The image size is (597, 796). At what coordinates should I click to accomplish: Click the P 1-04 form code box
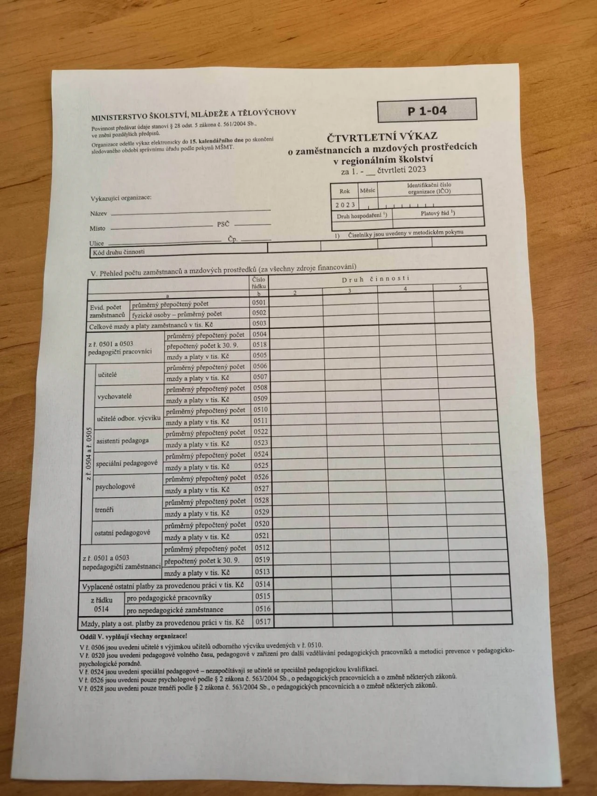point(427,111)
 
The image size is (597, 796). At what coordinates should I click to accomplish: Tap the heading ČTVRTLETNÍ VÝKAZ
point(382,136)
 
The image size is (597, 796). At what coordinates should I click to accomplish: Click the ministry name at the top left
point(194,113)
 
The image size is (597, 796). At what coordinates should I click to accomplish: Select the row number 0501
point(259,302)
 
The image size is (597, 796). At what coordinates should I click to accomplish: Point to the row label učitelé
point(107,374)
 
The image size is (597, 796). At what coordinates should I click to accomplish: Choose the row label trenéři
point(104,510)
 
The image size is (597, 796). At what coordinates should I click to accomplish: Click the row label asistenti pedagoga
point(122,441)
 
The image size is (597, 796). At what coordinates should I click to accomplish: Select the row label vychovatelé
point(114,396)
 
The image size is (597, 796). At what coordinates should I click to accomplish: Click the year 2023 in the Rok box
point(345,205)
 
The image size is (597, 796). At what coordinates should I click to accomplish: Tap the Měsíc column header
point(368,190)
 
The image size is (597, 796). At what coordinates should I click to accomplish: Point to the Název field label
point(98,214)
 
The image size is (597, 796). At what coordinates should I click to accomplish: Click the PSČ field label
point(223,224)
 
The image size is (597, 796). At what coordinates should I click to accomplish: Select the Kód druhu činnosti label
point(118,252)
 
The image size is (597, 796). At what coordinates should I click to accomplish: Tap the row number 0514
point(262,584)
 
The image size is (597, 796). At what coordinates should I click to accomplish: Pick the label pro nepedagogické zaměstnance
point(174,609)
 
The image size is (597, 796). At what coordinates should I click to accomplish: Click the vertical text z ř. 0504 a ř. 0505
point(89,452)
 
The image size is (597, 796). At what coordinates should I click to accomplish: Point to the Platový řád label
point(437,213)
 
